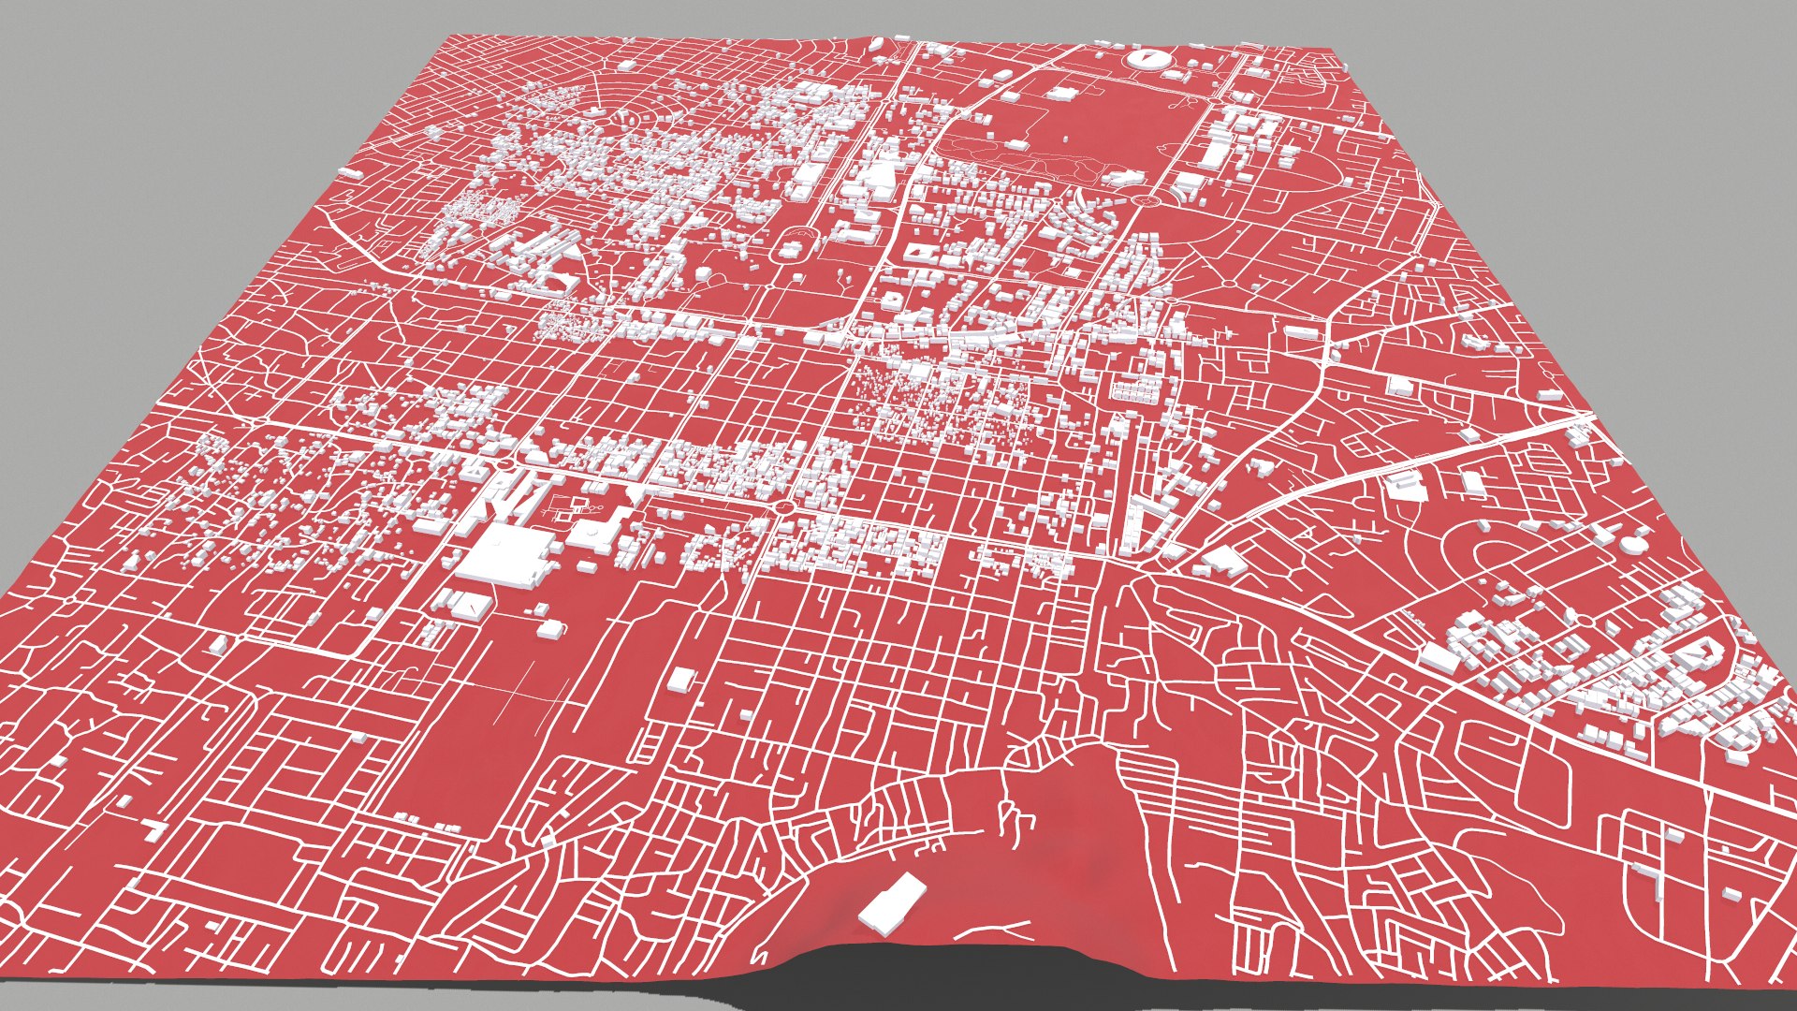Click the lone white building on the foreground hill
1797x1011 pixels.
(892, 903)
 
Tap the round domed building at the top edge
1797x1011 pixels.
(1143, 58)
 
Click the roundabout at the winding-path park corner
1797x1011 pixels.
(1144, 199)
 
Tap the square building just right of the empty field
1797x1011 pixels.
(681, 681)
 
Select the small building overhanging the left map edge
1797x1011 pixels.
(351, 173)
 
